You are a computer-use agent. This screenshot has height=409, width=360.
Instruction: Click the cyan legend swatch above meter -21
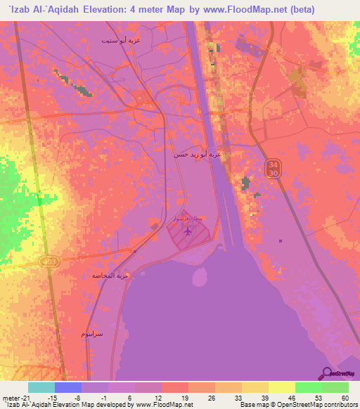[41, 387]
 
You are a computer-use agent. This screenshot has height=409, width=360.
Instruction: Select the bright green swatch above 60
[335, 387]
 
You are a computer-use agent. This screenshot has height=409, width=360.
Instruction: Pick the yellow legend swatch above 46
[281, 387]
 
